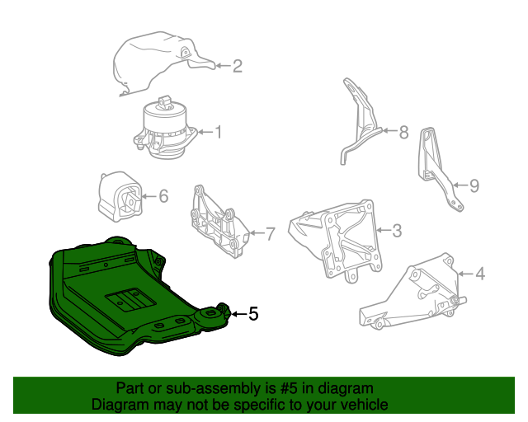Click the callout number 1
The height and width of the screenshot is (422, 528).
[x=219, y=131]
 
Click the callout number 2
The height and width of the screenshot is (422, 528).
[x=237, y=66]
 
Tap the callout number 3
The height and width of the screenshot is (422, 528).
[x=397, y=231]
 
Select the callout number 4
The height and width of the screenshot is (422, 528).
[x=480, y=274]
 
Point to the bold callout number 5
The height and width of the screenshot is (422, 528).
[x=253, y=313]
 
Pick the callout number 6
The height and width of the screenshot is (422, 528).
[x=163, y=196]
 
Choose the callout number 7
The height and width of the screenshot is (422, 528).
[x=269, y=234]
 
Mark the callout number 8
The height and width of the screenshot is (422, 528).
[x=403, y=132]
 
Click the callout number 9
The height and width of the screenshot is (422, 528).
[x=474, y=186]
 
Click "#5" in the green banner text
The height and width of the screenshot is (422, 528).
[x=278, y=388]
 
